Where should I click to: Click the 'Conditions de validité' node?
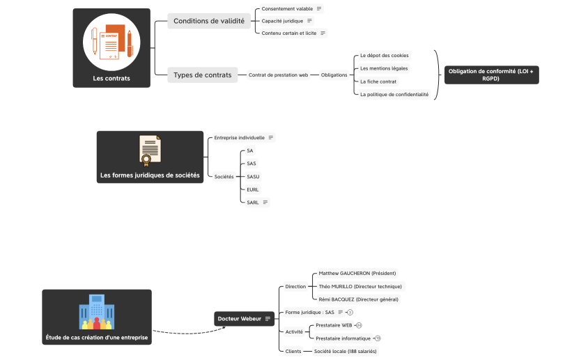[x=208, y=21]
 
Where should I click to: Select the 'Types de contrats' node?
[x=202, y=75]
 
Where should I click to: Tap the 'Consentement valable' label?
[x=287, y=9]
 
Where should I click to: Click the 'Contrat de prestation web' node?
[x=278, y=75]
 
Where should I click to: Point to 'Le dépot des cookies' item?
[x=384, y=55]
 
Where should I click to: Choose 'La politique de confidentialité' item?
[x=394, y=94]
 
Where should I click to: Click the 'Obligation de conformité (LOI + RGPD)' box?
[x=491, y=75]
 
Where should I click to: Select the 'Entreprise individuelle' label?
[x=239, y=138]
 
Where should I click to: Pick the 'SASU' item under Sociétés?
[x=253, y=176]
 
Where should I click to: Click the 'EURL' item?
[x=253, y=189]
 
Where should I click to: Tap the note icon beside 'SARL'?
[x=265, y=203]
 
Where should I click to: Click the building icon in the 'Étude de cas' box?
[x=96, y=312]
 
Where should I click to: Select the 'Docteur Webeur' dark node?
[x=239, y=319]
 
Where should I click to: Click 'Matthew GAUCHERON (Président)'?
[x=357, y=273]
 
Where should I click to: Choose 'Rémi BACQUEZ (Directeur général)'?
[x=358, y=299]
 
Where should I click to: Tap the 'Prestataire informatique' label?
[x=343, y=338]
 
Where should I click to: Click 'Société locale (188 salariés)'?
[x=345, y=352]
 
